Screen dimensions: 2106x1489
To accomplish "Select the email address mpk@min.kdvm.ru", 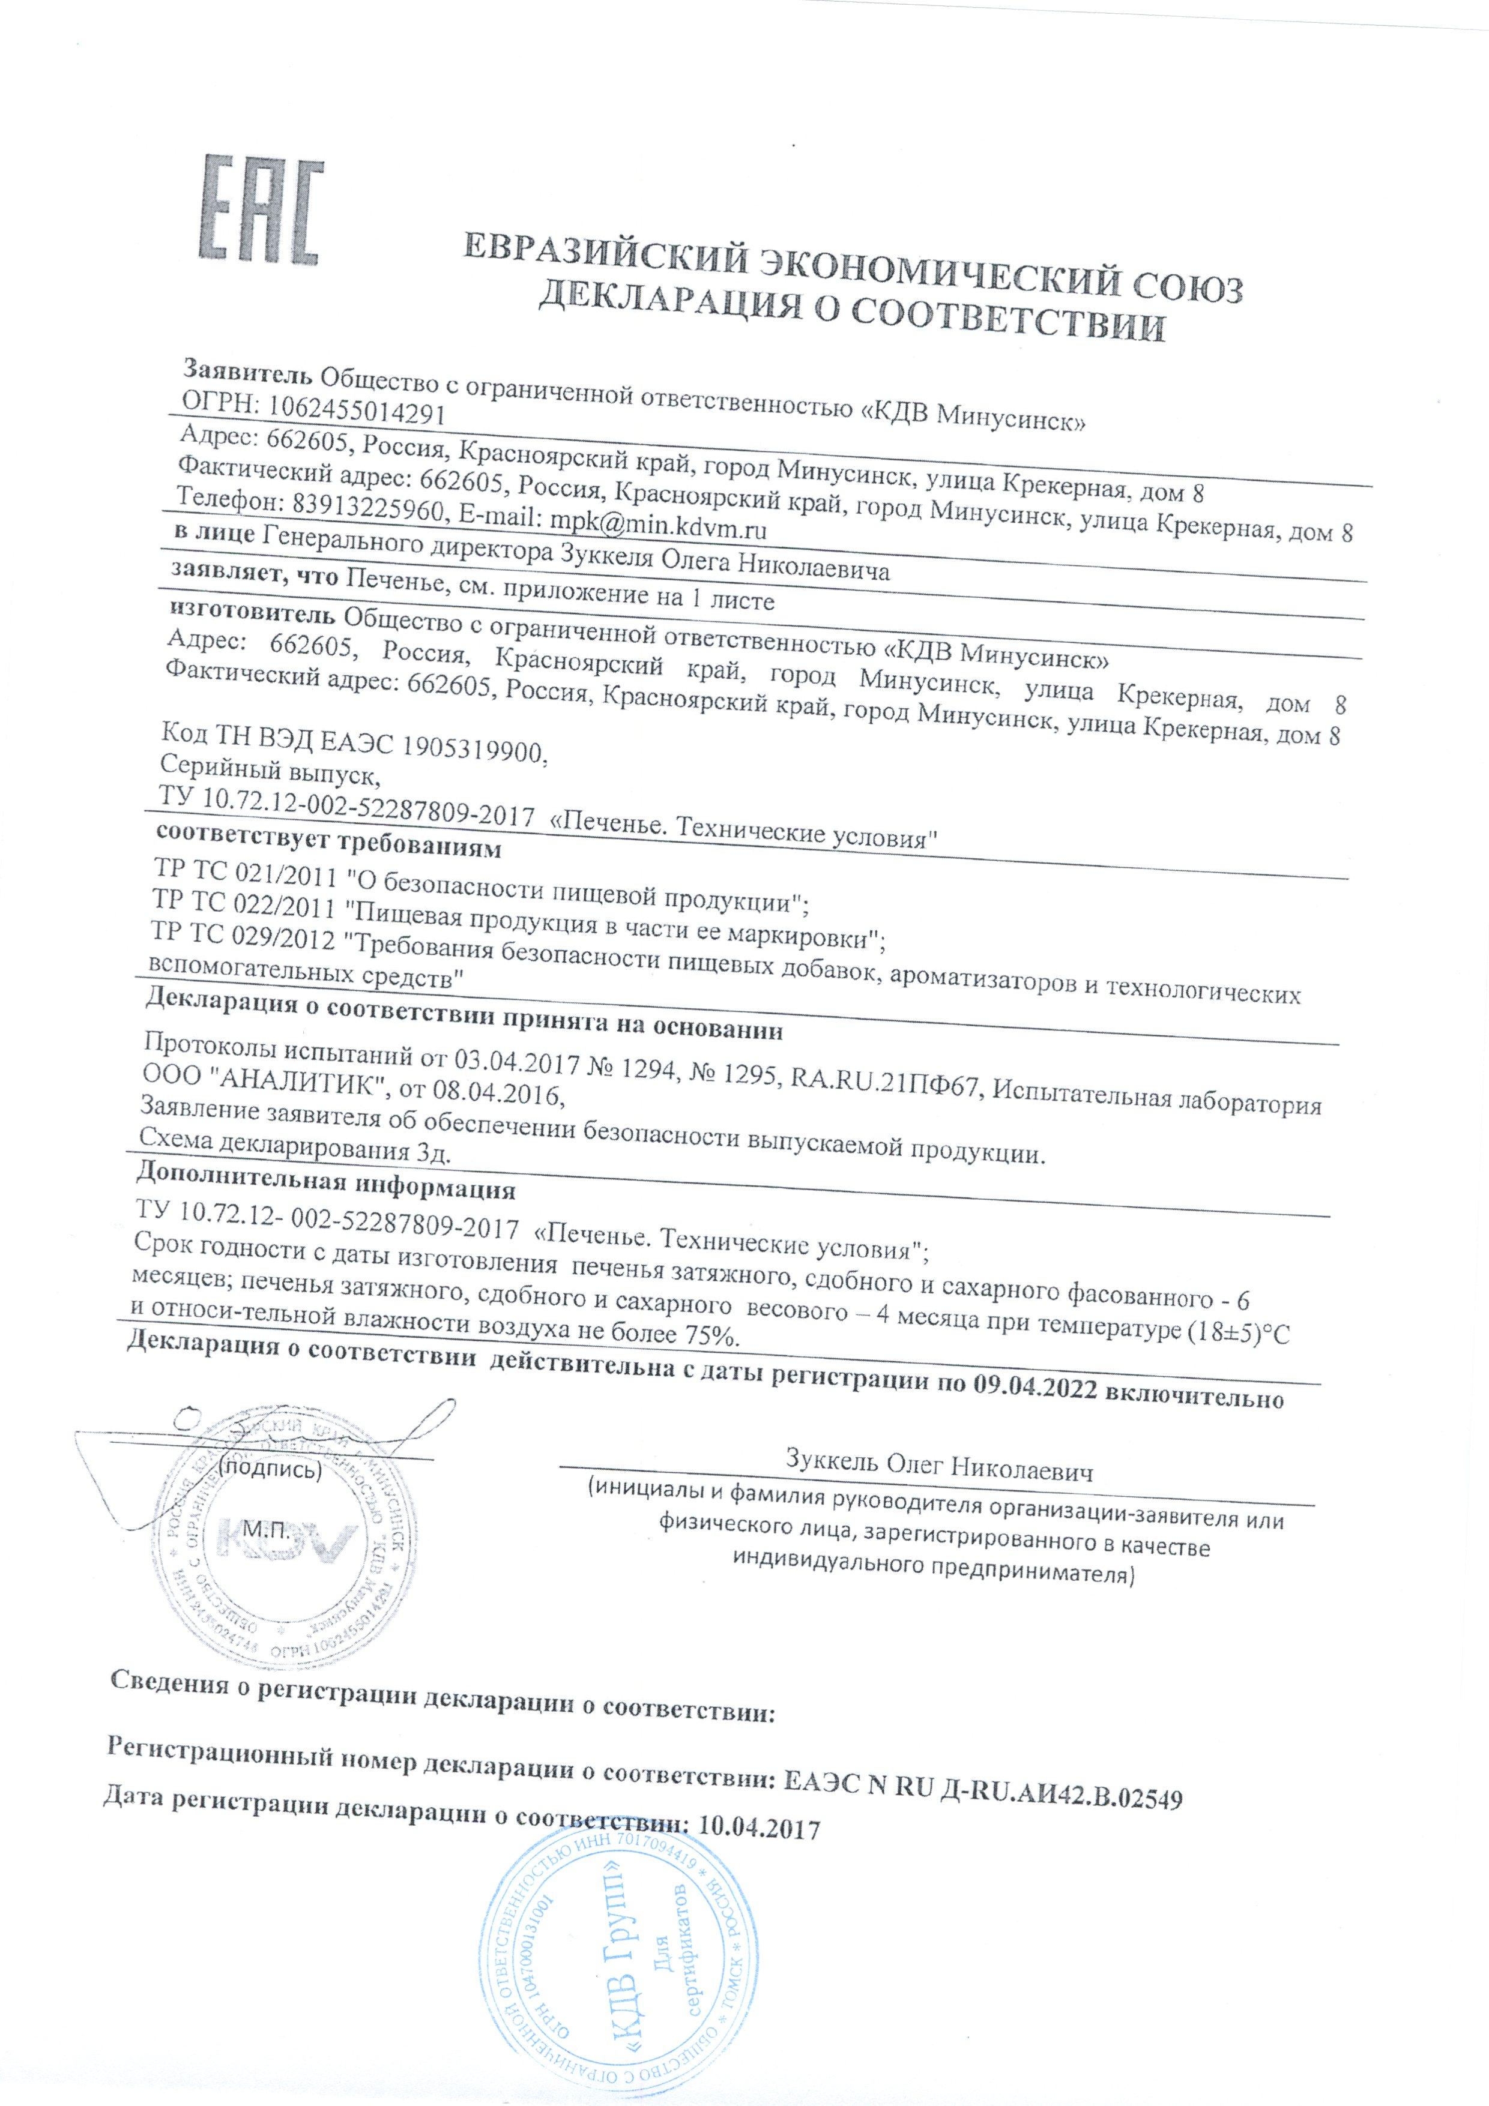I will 658,529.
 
